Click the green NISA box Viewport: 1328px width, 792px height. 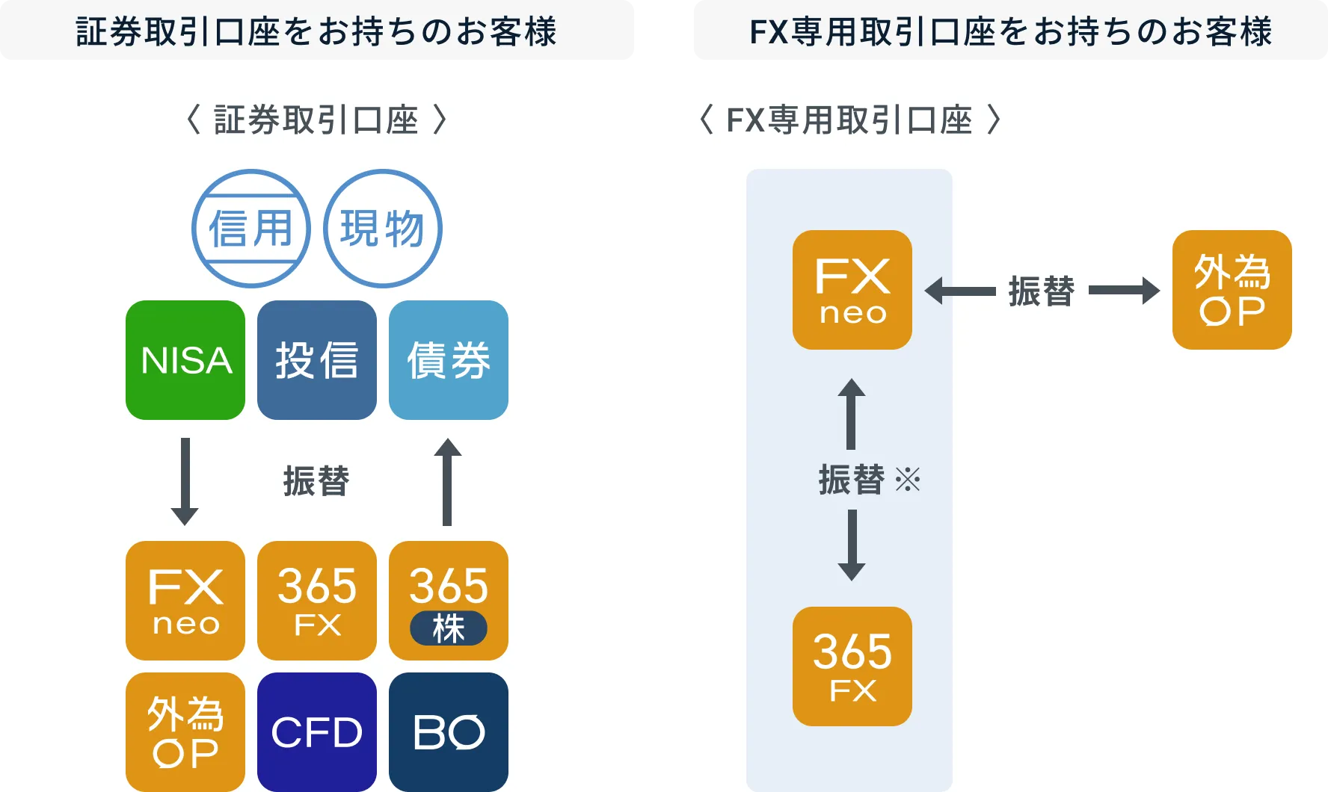185,360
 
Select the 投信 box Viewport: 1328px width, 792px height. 317,360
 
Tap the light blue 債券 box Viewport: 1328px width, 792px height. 449,360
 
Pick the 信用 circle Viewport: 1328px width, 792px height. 251,229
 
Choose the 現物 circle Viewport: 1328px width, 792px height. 383,229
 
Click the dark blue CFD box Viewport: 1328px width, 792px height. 317,731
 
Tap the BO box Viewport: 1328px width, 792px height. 449,731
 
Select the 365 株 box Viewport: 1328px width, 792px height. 449,587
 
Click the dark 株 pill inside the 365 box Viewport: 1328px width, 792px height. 449,628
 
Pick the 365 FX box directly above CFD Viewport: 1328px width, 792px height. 317,601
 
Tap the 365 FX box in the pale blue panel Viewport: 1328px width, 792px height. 852,666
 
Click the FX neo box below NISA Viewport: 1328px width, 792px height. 185,601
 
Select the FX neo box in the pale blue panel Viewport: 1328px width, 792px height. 852,290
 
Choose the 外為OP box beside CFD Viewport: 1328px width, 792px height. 185,731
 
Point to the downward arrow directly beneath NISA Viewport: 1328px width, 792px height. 185,481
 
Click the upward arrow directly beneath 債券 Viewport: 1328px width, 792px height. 447,481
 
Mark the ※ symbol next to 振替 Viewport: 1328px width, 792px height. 908,480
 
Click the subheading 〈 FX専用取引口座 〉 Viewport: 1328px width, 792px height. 849,120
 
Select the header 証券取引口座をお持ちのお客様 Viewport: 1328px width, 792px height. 317,31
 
